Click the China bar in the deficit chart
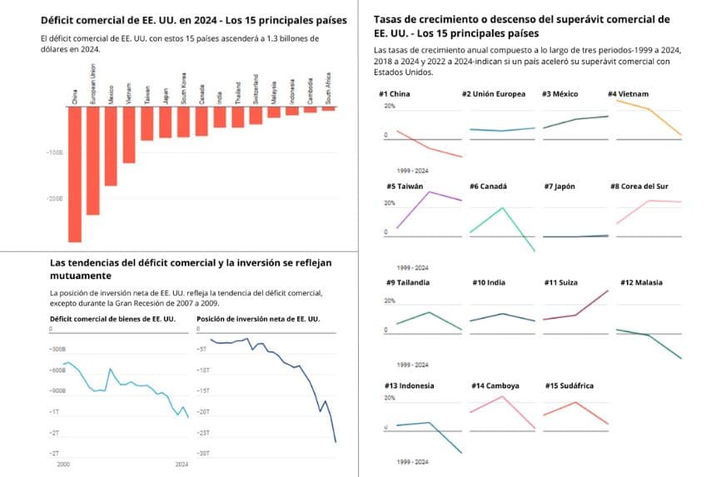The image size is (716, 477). [x=74, y=175]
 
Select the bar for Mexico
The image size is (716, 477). [x=111, y=147]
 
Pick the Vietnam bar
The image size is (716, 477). [x=129, y=136]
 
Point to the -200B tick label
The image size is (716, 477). [x=55, y=199]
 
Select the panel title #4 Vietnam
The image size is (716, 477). [x=629, y=93]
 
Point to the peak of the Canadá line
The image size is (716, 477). [x=501, y=207]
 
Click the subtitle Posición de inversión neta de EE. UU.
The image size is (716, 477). [x=258, y=319]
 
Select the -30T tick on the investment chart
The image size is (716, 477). [x=202, y=453]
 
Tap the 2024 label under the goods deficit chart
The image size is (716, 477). [x=181, y=463]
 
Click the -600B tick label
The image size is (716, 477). [x=58, y=370]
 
